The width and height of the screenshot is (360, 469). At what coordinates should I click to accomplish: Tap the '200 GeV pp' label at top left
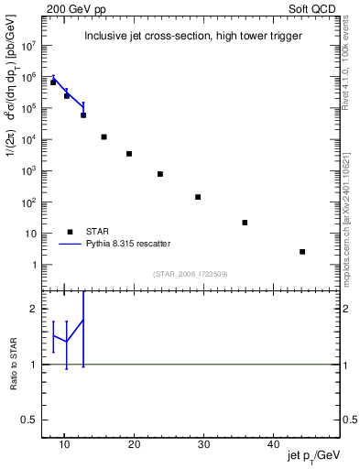tap(70, 6)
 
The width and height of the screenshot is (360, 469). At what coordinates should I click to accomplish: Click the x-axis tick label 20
tap(134, 444)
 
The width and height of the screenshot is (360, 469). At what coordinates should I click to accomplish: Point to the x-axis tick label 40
tap(273, 444)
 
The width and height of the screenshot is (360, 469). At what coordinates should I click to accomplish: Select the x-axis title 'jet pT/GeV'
tap(313, 456)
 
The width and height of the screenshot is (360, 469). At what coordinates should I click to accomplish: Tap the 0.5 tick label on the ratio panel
tap(32, 420)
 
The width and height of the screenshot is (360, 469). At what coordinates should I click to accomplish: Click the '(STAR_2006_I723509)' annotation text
tap(191, 274)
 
